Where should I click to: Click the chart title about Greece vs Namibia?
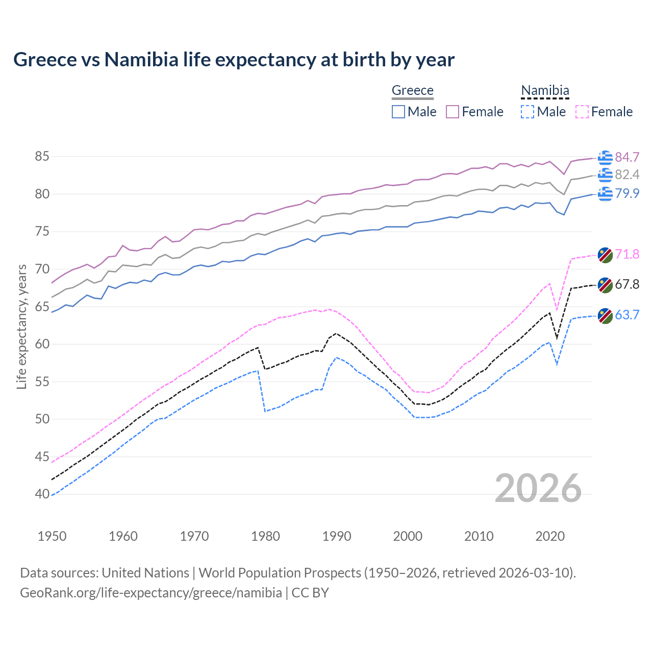[234, 60]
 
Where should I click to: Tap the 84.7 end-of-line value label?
[627, 157]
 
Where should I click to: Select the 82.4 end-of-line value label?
[627, 175]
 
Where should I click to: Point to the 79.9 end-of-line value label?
[627, 194]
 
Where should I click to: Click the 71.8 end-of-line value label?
[627, 254]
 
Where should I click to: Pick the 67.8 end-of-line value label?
[627, 285]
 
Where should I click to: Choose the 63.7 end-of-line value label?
[627, 315]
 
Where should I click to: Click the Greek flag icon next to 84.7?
[605, 158]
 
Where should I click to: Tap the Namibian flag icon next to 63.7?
[605, 315]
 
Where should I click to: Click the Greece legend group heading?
[412, 91]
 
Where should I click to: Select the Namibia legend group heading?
[545, 91]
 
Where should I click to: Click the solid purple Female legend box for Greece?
[453, 112]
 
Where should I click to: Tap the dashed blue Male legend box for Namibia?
[528, 112]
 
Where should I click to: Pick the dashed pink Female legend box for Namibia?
[582, 112]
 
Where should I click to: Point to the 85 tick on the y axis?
[42, 157]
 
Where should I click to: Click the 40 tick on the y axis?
[42, 494]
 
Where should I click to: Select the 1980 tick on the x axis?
[265, 536]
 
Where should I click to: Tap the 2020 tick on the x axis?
[550, 536]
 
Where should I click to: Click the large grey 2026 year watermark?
[538, 488]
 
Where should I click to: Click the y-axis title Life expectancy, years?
[22, 326]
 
